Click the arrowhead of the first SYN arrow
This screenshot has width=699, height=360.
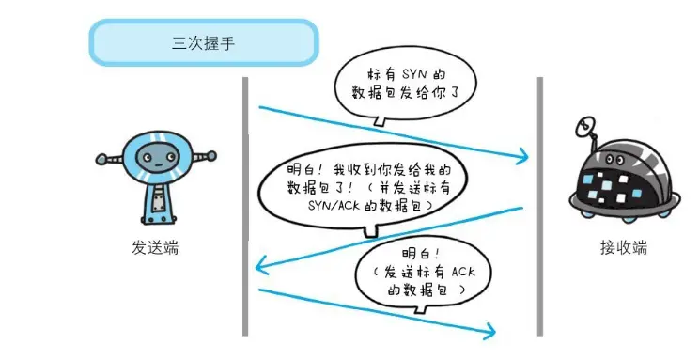tap(520, 156)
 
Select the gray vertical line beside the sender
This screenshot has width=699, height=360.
tap(244, 207)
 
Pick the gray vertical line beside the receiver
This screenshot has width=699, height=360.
tap(540, 207)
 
